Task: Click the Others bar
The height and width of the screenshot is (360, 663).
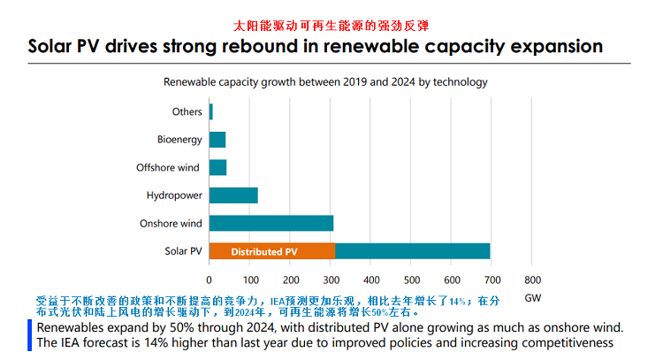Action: click(210, 111)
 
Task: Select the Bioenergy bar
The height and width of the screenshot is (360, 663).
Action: click(217, 140)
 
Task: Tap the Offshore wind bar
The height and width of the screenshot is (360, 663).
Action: click(217, 167)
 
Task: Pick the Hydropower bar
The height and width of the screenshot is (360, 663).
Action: click(233, 195)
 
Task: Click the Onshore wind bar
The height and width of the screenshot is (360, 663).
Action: click(271, 223)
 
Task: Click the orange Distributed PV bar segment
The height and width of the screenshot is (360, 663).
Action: click(271, 251)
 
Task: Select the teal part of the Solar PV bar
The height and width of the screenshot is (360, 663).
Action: click(413, 251)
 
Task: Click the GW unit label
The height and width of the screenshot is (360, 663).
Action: click(532, 298)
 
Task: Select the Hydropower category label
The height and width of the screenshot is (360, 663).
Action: click(174, 195)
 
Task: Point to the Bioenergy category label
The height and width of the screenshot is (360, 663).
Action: click(179, 140)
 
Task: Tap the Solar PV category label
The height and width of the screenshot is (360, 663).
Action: click(183, 251)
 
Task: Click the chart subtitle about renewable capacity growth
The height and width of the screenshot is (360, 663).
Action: click(325, 81)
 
